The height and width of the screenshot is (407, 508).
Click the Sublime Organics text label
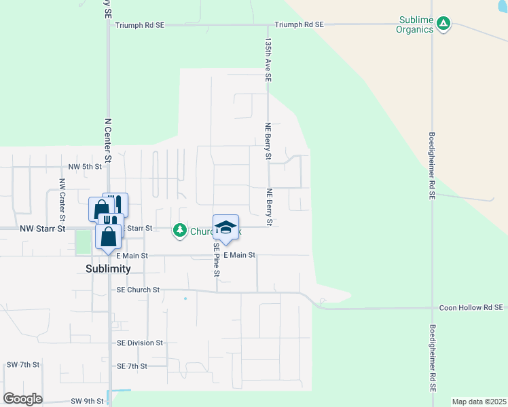pyautogui.click(x=414, y=25)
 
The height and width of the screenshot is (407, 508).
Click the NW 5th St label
pyautogui.click(x=85, y=166)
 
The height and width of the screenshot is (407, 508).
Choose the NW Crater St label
pyautogui.click(x=62, y=200)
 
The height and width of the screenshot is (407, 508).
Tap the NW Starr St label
pyautogui.click(x=42, y=229)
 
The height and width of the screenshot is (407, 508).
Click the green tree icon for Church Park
pyautogui.click(x=179, y=231)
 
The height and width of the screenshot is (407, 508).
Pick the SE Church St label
pyautogui.click(x=138, y=290)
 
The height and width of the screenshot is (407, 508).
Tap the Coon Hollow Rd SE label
pyautogui.click(x=471, y=307)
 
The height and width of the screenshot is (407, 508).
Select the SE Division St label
pyautogui.click(x=140, y=343)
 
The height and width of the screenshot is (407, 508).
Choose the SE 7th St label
pyautogui.click(x=132, y=366)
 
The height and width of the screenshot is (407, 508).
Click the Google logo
pyautogui.click(x=22, y=399)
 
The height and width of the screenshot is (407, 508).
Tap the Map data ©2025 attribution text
pyautogui.click(x=478, y=402)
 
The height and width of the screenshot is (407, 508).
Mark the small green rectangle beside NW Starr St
pyautogui.click(x=83, y=242)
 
